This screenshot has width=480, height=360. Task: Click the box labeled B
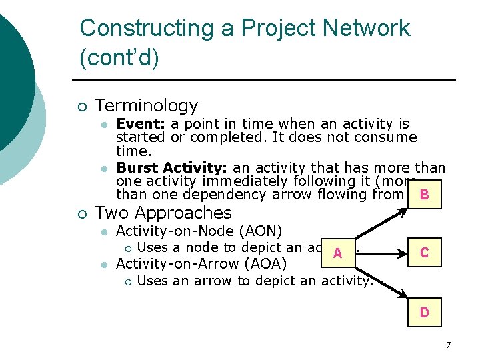424,195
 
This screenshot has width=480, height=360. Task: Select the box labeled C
424,253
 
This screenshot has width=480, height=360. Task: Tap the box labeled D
424,311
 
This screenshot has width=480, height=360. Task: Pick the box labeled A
338,253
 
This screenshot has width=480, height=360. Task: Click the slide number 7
448,345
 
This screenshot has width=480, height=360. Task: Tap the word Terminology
147,105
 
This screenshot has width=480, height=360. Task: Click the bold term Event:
141,124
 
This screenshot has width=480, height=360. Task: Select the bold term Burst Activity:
172,167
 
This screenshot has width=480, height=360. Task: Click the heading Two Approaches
163,213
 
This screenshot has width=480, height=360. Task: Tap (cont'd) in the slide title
119,58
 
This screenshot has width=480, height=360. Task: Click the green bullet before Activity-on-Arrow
103,264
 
